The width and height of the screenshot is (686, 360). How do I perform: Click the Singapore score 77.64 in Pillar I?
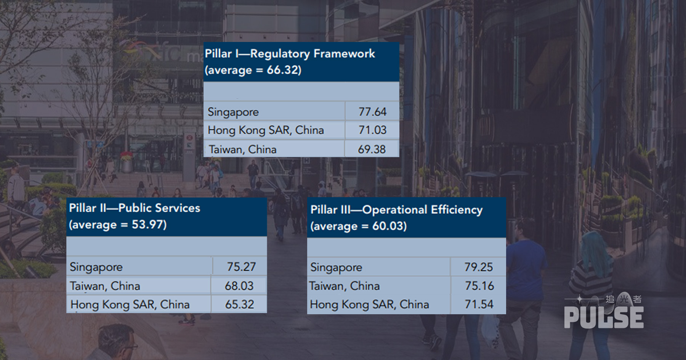[372, 112]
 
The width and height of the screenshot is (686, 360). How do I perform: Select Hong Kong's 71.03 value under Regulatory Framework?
[372, 130]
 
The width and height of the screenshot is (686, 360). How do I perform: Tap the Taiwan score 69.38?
[372, 149]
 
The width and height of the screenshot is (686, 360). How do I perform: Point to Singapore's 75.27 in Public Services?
[241, 267]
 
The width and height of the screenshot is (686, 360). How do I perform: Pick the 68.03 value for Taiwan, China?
[239, 286]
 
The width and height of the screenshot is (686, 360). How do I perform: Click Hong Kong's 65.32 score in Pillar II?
[239, 304]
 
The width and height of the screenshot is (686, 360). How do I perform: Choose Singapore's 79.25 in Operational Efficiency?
[478, 267]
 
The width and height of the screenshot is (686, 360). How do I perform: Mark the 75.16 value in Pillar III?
[479, 286]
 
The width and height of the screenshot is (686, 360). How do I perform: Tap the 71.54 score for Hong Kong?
[479, 304]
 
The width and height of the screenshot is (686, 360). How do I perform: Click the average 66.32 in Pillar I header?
[284, 70]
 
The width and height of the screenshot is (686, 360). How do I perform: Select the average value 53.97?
[149, 225]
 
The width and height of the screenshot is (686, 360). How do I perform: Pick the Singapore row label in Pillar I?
[233, 112]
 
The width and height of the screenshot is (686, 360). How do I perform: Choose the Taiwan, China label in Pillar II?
[105, 286]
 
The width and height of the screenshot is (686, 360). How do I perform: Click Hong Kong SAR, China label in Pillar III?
[369, 304]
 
